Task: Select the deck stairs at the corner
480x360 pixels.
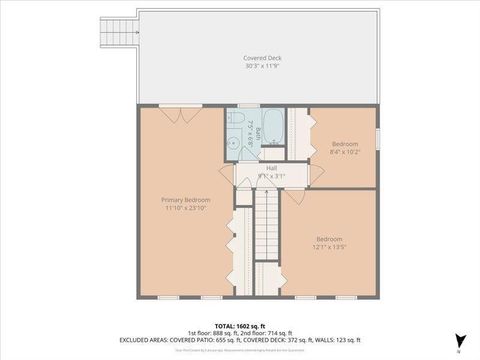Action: (119, 31)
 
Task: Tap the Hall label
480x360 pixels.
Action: (271, 167)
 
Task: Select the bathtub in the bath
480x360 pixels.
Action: (275, 131)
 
